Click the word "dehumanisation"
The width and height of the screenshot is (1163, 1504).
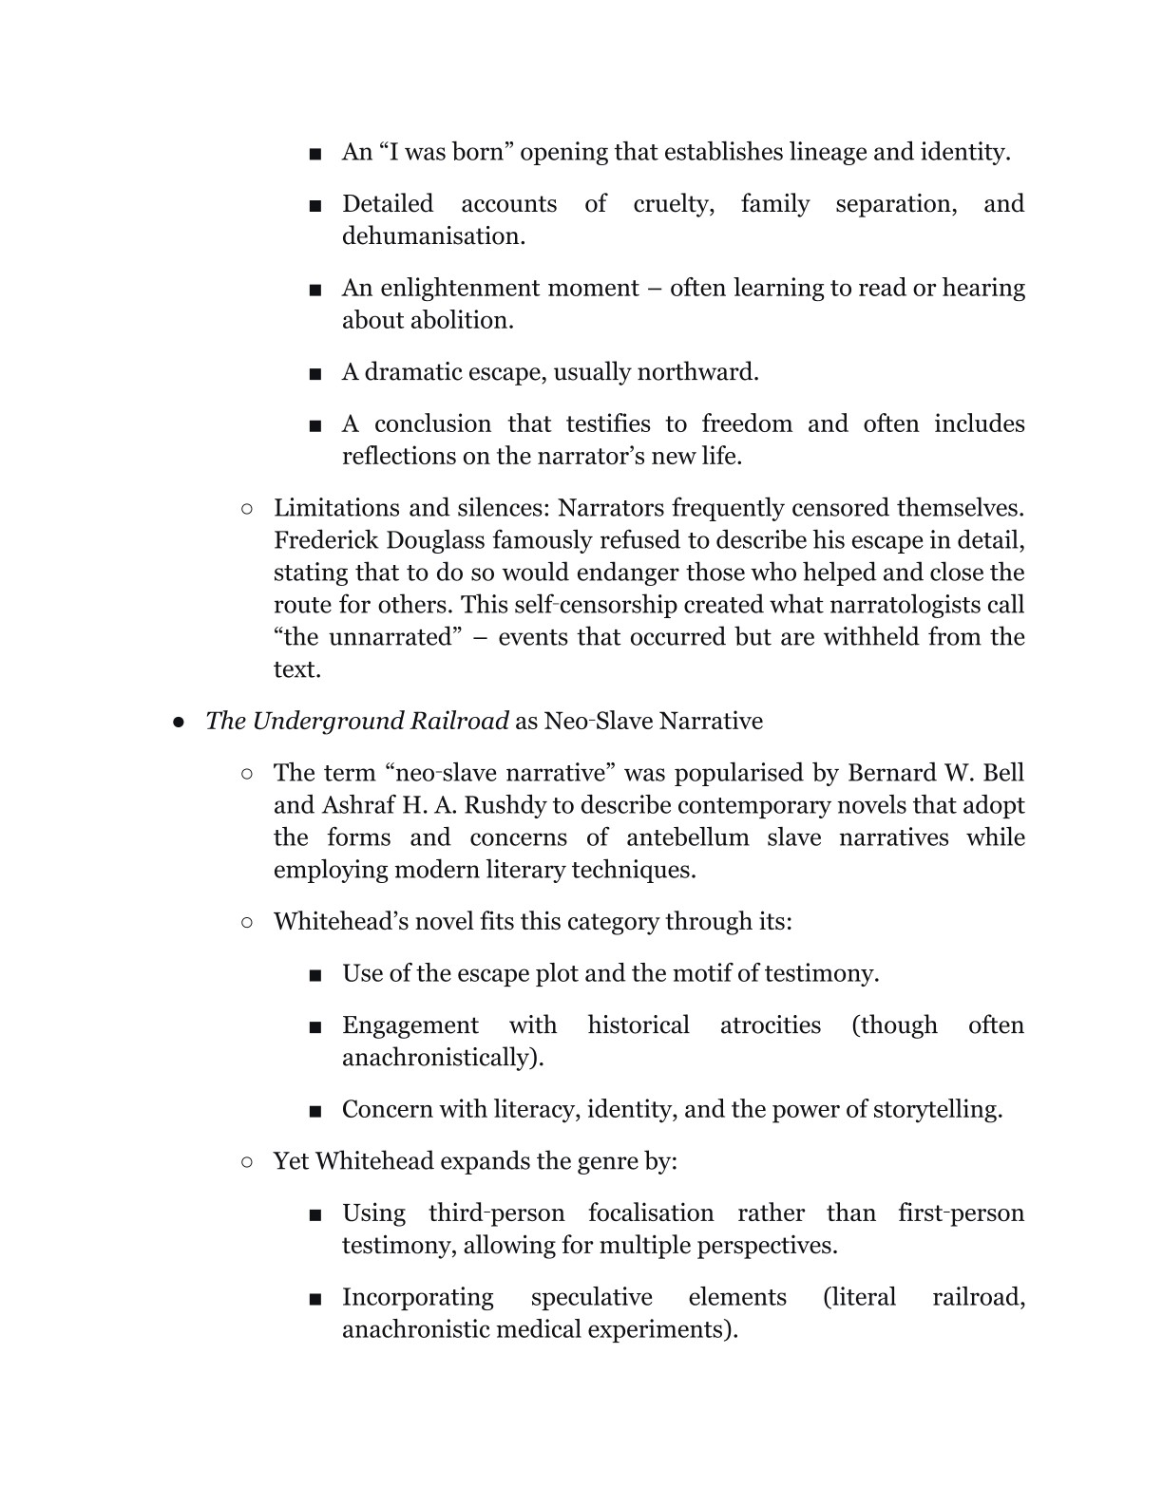[431, 236]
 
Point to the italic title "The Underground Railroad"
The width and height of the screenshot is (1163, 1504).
[357, 722]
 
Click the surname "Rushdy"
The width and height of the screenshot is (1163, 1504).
[505, 805]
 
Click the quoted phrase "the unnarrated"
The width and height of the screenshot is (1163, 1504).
[366, 637]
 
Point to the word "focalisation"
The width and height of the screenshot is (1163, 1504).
[651, 1213]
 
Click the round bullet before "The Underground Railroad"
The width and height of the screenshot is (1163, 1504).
[178, 723]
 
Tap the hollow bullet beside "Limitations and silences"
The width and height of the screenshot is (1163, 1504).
[247, 509]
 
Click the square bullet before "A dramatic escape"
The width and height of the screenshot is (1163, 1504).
[315, 373]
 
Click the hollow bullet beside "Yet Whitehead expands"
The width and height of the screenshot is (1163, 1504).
[247, 1162]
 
